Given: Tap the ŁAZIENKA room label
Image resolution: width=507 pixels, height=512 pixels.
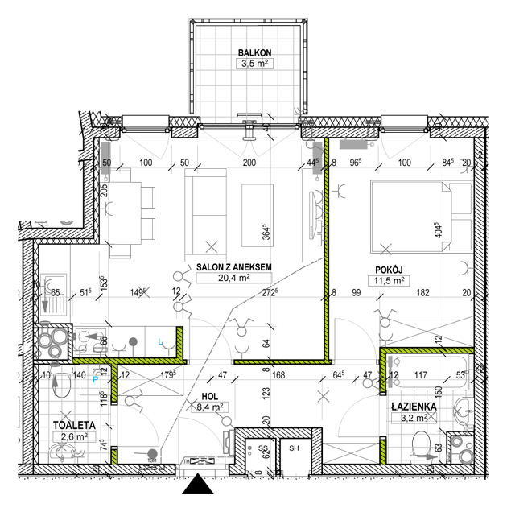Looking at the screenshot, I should pos(414,407).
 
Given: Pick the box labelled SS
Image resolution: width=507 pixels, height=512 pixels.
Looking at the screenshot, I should pos(262,449).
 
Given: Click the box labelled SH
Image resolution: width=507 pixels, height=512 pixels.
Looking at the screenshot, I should pos(295,449).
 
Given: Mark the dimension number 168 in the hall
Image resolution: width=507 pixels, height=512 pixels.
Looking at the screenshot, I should pos(279,374).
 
